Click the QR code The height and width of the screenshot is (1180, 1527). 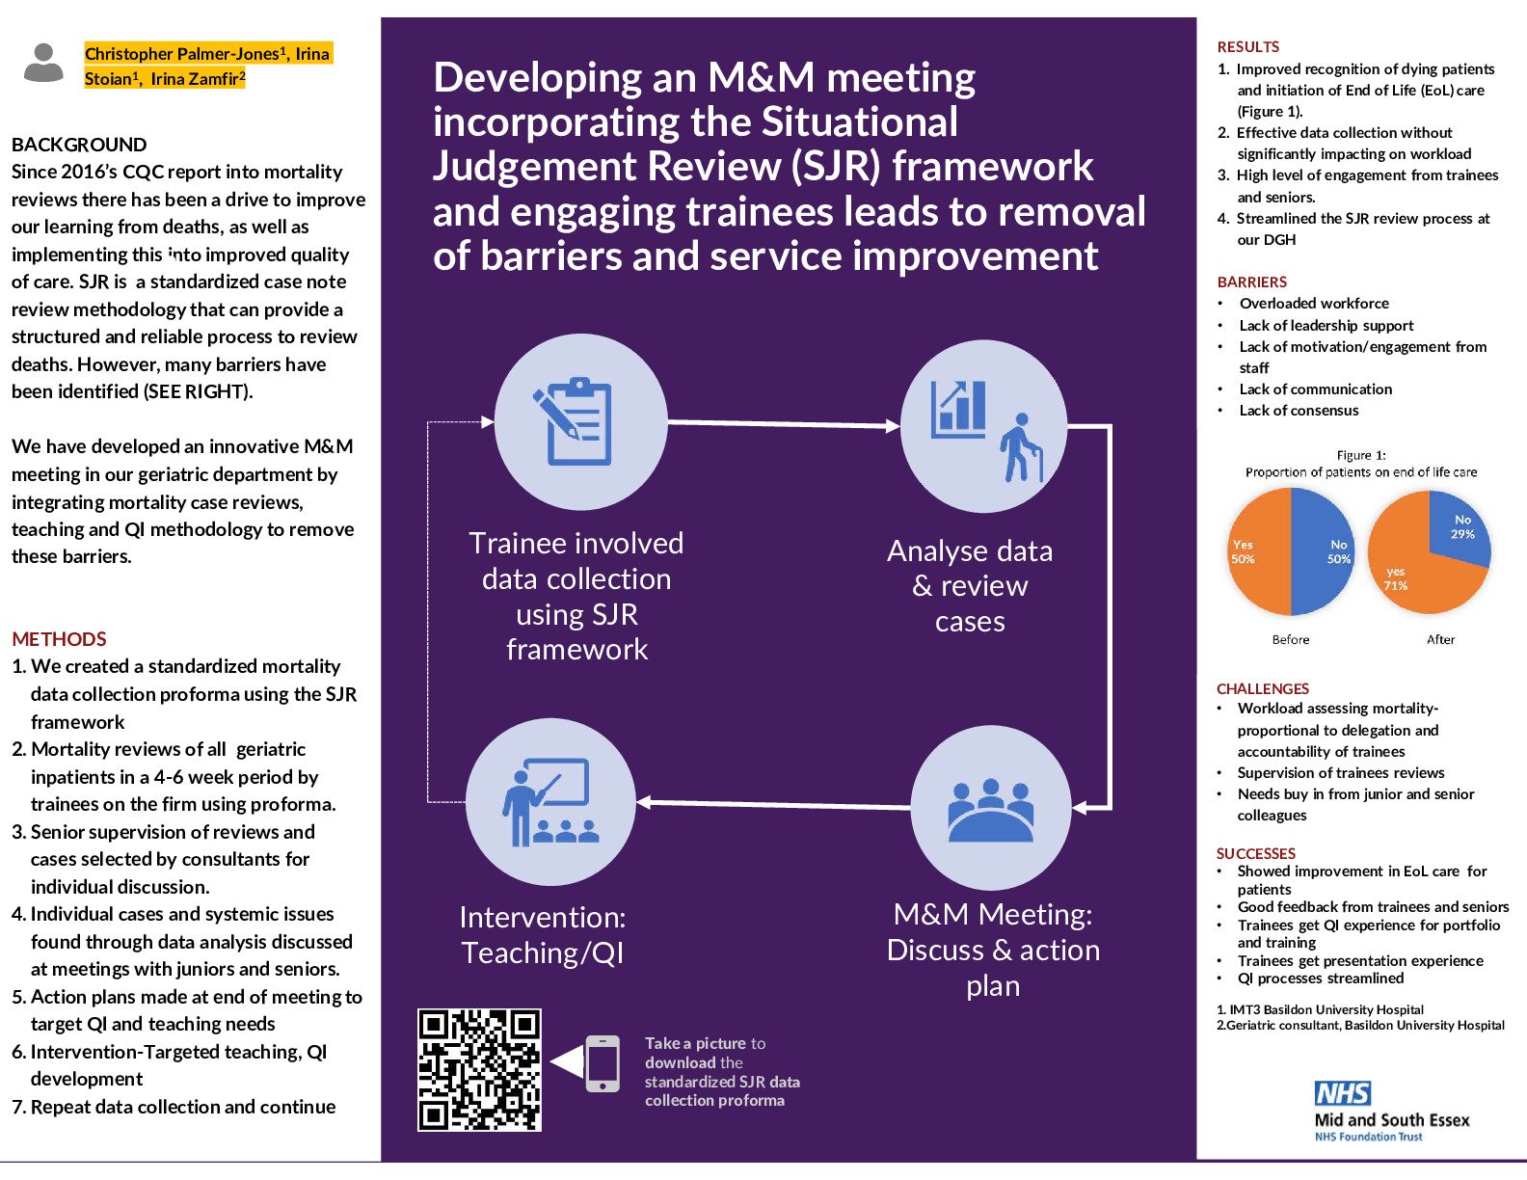479,1069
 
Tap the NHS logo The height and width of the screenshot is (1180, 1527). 1342,1092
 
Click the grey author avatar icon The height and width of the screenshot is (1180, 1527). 43,64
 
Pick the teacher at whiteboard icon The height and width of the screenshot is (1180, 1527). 548,802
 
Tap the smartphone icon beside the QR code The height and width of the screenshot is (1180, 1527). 603,1063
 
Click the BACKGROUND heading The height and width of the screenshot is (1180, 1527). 79,145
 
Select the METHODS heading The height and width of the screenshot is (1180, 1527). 59,639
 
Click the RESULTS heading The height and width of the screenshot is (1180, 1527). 1247,46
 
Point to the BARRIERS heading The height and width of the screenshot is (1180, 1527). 1251,282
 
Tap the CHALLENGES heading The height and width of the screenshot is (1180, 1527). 1262,688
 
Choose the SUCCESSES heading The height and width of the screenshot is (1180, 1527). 1255,853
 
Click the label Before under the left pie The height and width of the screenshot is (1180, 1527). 1290,639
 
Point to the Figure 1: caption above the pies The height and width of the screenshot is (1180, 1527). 1360,455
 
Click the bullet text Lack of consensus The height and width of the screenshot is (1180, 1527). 1299,410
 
